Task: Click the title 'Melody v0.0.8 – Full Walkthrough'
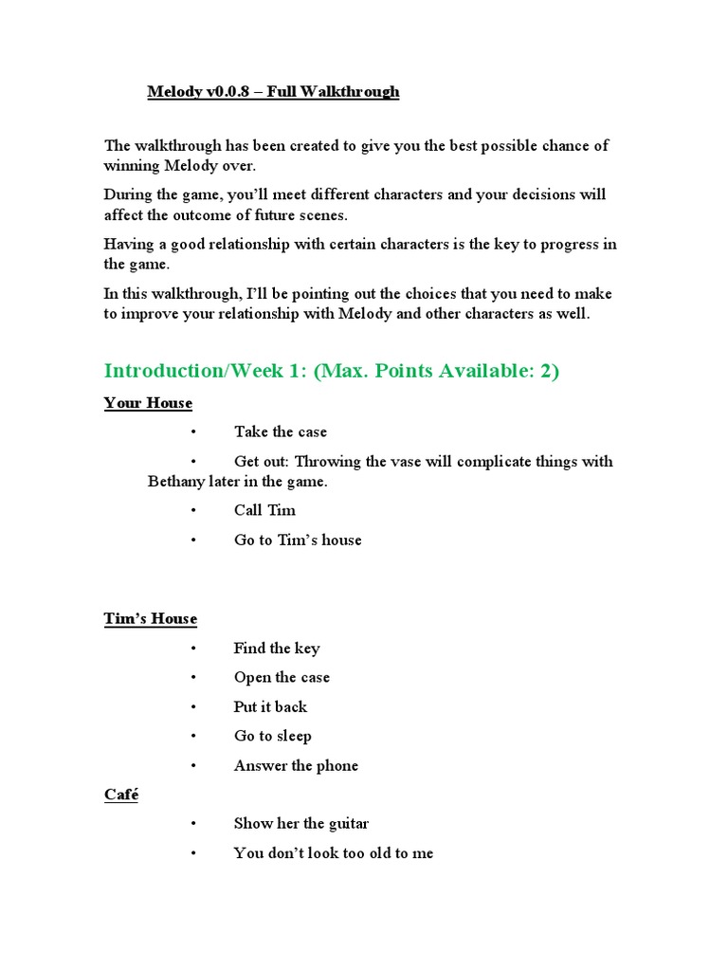273,92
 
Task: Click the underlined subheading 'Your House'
148,403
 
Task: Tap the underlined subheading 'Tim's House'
151,619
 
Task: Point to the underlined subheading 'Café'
121,795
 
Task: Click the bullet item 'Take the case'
280,432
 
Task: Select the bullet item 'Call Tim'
264,510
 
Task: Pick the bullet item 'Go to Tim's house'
298,540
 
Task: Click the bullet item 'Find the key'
276,649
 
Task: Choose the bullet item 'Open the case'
282,678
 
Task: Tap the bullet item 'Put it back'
270,707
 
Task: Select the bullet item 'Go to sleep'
272,737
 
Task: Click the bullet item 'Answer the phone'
296,766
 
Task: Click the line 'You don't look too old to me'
333,853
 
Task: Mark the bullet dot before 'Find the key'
192,649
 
